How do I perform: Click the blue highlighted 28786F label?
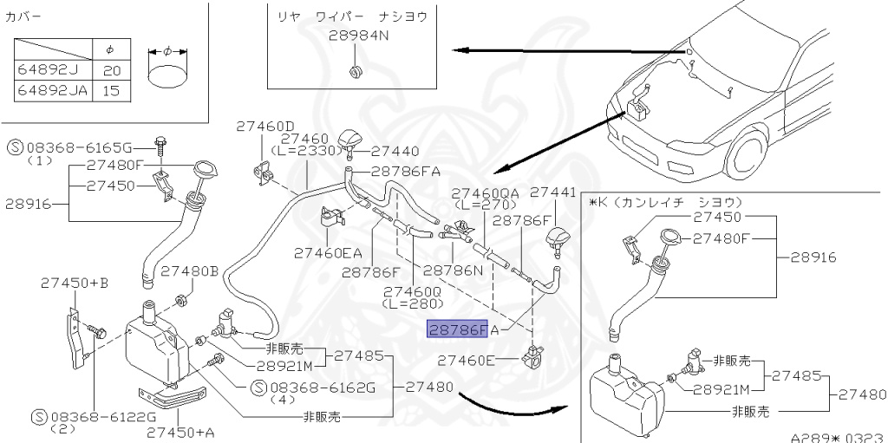457,329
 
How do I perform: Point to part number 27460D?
265,126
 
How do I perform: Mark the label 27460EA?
328,253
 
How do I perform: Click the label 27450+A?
180,431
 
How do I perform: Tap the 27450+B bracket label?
75,283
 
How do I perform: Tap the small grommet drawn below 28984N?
354,69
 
